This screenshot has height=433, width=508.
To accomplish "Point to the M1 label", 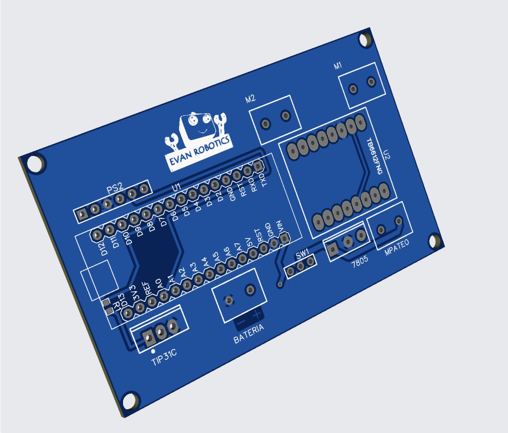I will (x=338, y=66).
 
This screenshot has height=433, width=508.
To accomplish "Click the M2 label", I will (x=251, y=98).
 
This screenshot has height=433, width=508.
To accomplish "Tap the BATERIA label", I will (x=249, y=334).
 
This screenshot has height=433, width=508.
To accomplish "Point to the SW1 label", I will (x=302, y=254).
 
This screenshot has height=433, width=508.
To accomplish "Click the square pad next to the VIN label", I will (x=285, y=239).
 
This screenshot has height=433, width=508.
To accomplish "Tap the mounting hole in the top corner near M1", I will (x=366, y=40).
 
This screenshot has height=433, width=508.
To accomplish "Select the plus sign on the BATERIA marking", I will (x=256, y=315).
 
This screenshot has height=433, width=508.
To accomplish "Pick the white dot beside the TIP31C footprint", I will (x=153, y=352).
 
